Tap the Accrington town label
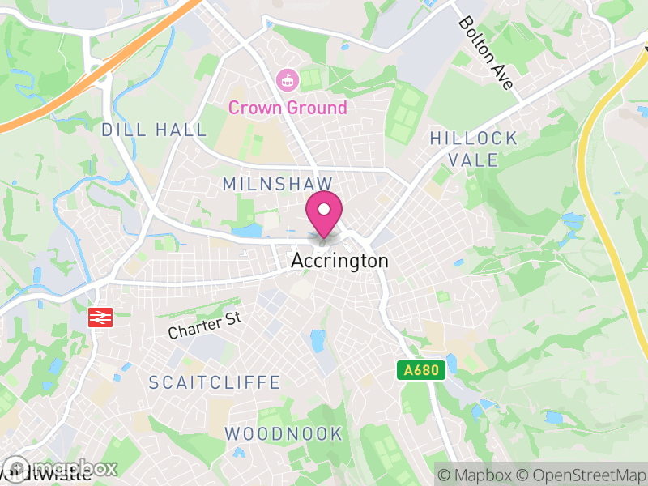tap(339, 262)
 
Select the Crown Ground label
tap(287, 108)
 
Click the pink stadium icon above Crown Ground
tap(287, 80)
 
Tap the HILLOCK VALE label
tap(474, 148)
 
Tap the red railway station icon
tap(100, 318)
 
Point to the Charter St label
tap(206, 326)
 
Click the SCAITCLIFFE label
tap(215, 382)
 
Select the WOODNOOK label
tap(283, 433)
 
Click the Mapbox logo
tap(61, 468)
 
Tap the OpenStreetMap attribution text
tap(581, 475)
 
